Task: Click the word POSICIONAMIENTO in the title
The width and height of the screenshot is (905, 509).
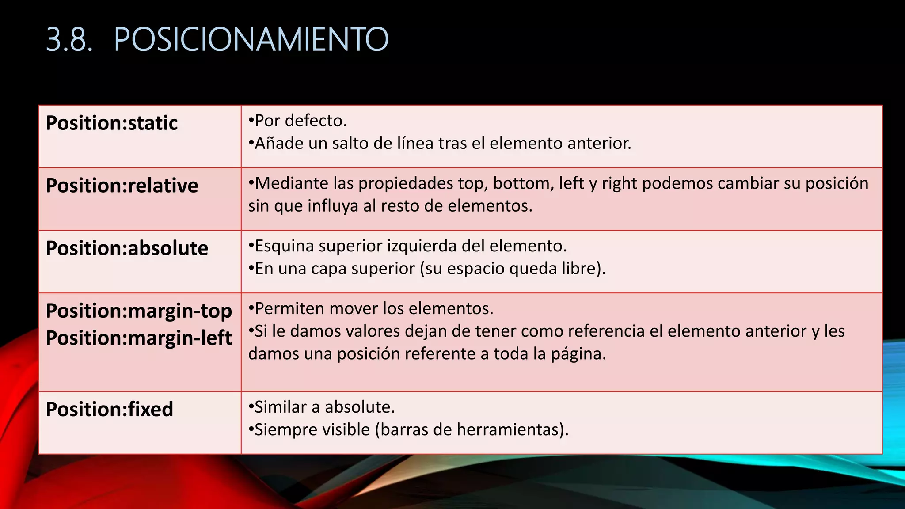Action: click(x=251, y=40)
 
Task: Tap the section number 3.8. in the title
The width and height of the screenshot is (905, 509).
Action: click(x=69, y=40)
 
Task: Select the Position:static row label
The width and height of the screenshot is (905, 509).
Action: click(x=112, y=123)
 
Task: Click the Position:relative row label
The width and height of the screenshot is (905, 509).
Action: click(x=122, y=186)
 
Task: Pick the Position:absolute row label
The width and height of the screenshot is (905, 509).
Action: click(x=127, y=248)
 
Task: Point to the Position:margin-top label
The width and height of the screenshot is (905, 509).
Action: click(x=139, y=311)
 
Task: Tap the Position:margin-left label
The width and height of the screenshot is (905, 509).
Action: click(x=139, y=338)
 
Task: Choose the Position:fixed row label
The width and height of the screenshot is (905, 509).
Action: click(x=109, y=409)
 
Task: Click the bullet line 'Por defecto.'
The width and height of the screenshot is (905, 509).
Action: click(x=298, y=121)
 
